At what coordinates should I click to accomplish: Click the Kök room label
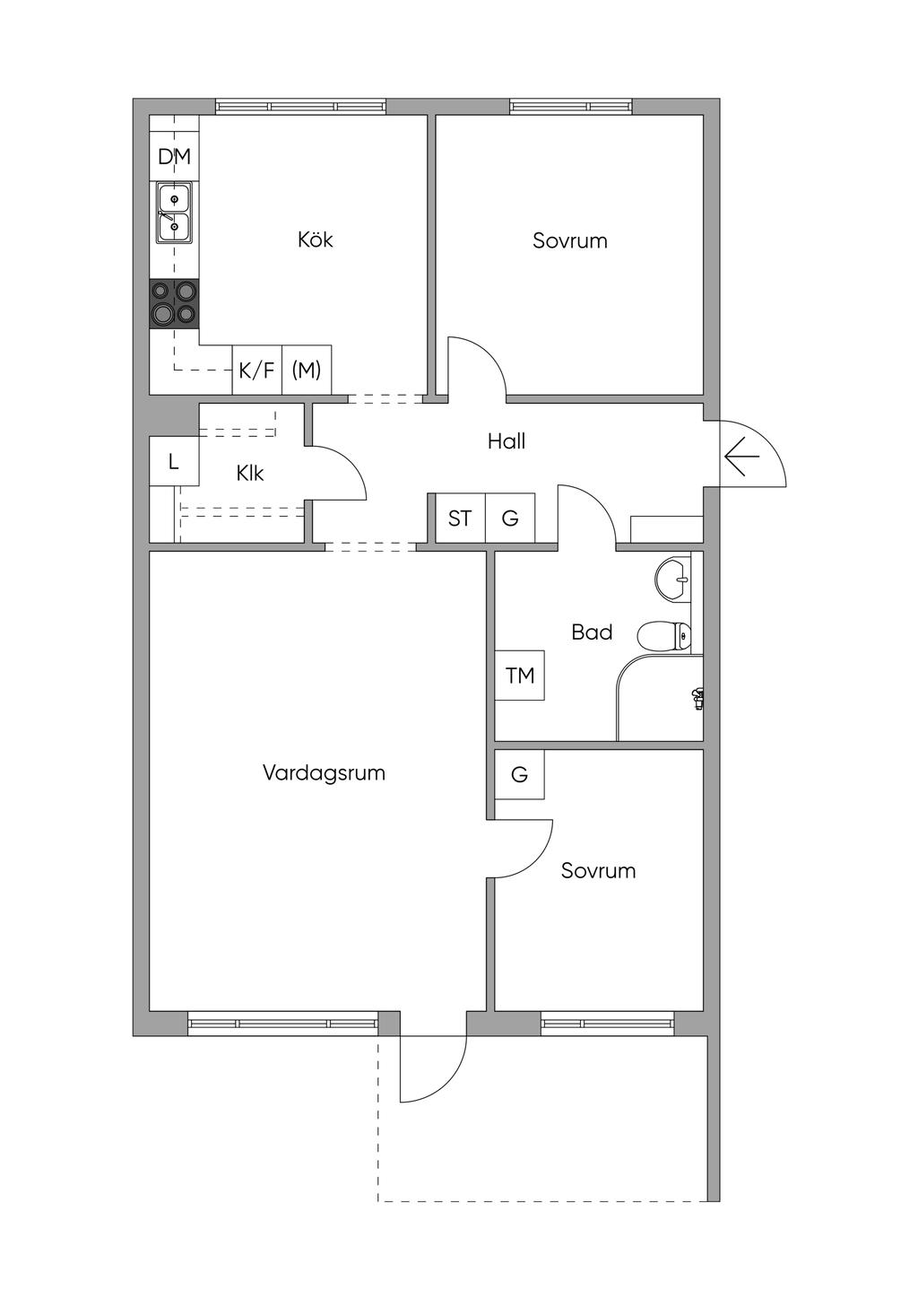click(316, 240)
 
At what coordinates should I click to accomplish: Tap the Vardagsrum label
click(324, 773)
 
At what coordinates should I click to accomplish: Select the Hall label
click(507, 441)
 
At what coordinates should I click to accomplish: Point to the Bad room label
click(592, 632)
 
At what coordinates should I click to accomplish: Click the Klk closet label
click(250, 473)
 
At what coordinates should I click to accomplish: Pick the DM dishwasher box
click(175, 157)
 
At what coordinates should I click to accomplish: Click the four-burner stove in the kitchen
click(175, 304)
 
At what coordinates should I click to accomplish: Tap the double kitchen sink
click(175, 213)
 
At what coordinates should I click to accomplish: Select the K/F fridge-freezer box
click(256, 370)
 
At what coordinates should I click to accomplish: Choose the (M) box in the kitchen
click(307, 370)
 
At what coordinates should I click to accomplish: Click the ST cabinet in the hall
click(460, 518)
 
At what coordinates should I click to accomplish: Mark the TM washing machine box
click(520, 676)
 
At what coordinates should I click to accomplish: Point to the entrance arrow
click(741, 457)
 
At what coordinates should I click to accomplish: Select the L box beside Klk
click(174, 462)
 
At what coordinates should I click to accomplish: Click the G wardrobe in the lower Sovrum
click(520, 774)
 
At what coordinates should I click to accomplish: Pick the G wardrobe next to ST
click(510, 518)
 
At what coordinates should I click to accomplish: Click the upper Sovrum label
click(570, 240)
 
